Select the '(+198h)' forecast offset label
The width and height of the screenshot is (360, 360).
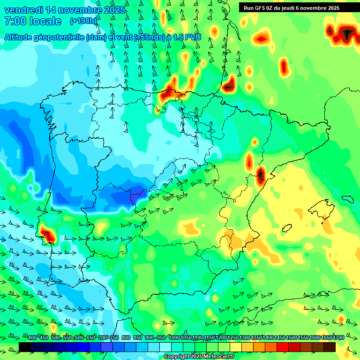click(x=83, y=21)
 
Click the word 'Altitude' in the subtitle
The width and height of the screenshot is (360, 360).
click(x=22, y=37)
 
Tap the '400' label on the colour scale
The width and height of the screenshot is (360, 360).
click(x=32, y=338)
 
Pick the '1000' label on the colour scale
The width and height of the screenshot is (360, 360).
click(x=174, y=338)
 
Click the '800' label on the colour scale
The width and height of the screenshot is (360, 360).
click(x=126, y=338)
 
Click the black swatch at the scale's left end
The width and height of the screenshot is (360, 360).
click(x=25, y=347)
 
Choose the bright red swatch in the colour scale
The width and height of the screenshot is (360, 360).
click(x=283, y=347)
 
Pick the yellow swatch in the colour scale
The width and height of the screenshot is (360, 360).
click(x=236, y=347)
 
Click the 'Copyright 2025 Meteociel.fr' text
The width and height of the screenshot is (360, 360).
click(x=199, y=357)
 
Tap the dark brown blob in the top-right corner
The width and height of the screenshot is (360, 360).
click(x=347, y=33)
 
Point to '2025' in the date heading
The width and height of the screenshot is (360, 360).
click(x=114, y=10)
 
